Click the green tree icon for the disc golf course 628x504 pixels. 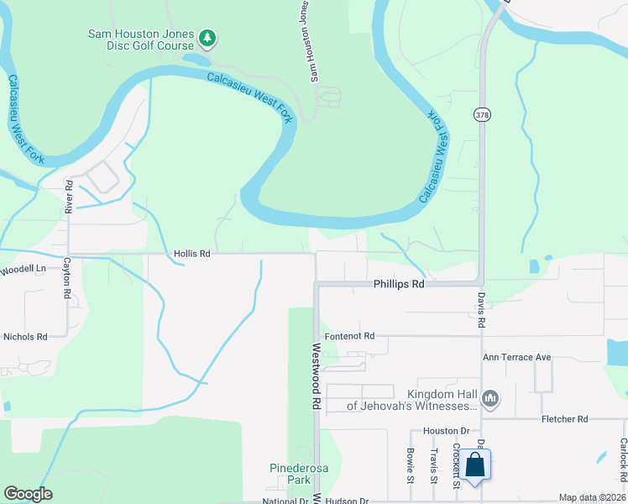207,38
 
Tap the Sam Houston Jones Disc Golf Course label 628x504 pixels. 141,40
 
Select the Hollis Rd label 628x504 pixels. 191,253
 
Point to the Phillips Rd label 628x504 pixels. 399,285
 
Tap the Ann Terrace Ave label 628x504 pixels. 516,357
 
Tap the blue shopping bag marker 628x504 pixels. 474,465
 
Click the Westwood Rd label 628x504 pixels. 317,375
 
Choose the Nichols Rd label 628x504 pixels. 25,337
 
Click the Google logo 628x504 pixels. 28,494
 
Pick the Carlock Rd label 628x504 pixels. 623,460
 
